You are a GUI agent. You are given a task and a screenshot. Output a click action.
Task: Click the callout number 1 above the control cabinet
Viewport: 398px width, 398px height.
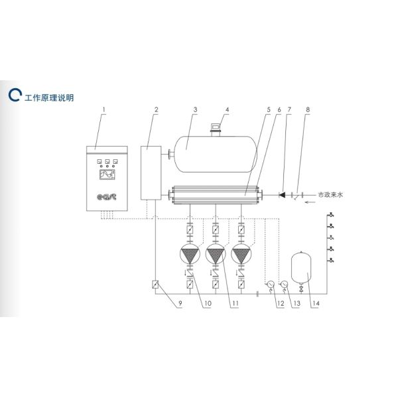(x=103, y=109)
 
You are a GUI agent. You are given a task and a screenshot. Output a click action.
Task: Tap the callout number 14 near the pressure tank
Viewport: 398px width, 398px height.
(x=316, y=303)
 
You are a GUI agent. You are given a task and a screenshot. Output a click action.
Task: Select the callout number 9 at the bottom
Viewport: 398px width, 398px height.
(x=180, y=303)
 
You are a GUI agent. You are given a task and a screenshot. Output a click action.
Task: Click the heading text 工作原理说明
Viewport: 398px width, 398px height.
(x=49, y=98)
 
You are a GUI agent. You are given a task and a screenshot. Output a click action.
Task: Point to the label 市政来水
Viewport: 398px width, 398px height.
(x=330, y=194)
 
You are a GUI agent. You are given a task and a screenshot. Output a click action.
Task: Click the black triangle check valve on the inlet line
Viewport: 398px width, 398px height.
(x=282, y=195)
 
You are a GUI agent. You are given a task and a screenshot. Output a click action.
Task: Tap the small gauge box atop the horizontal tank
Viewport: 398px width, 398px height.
(x=216, y=126)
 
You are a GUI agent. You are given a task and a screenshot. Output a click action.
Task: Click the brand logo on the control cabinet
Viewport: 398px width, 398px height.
(x=107, y=197)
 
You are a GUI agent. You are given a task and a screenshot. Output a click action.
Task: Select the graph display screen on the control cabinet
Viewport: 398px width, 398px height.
(x=107, y=174)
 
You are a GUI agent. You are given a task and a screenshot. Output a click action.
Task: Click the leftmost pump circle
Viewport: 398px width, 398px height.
(x=190, y=253)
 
